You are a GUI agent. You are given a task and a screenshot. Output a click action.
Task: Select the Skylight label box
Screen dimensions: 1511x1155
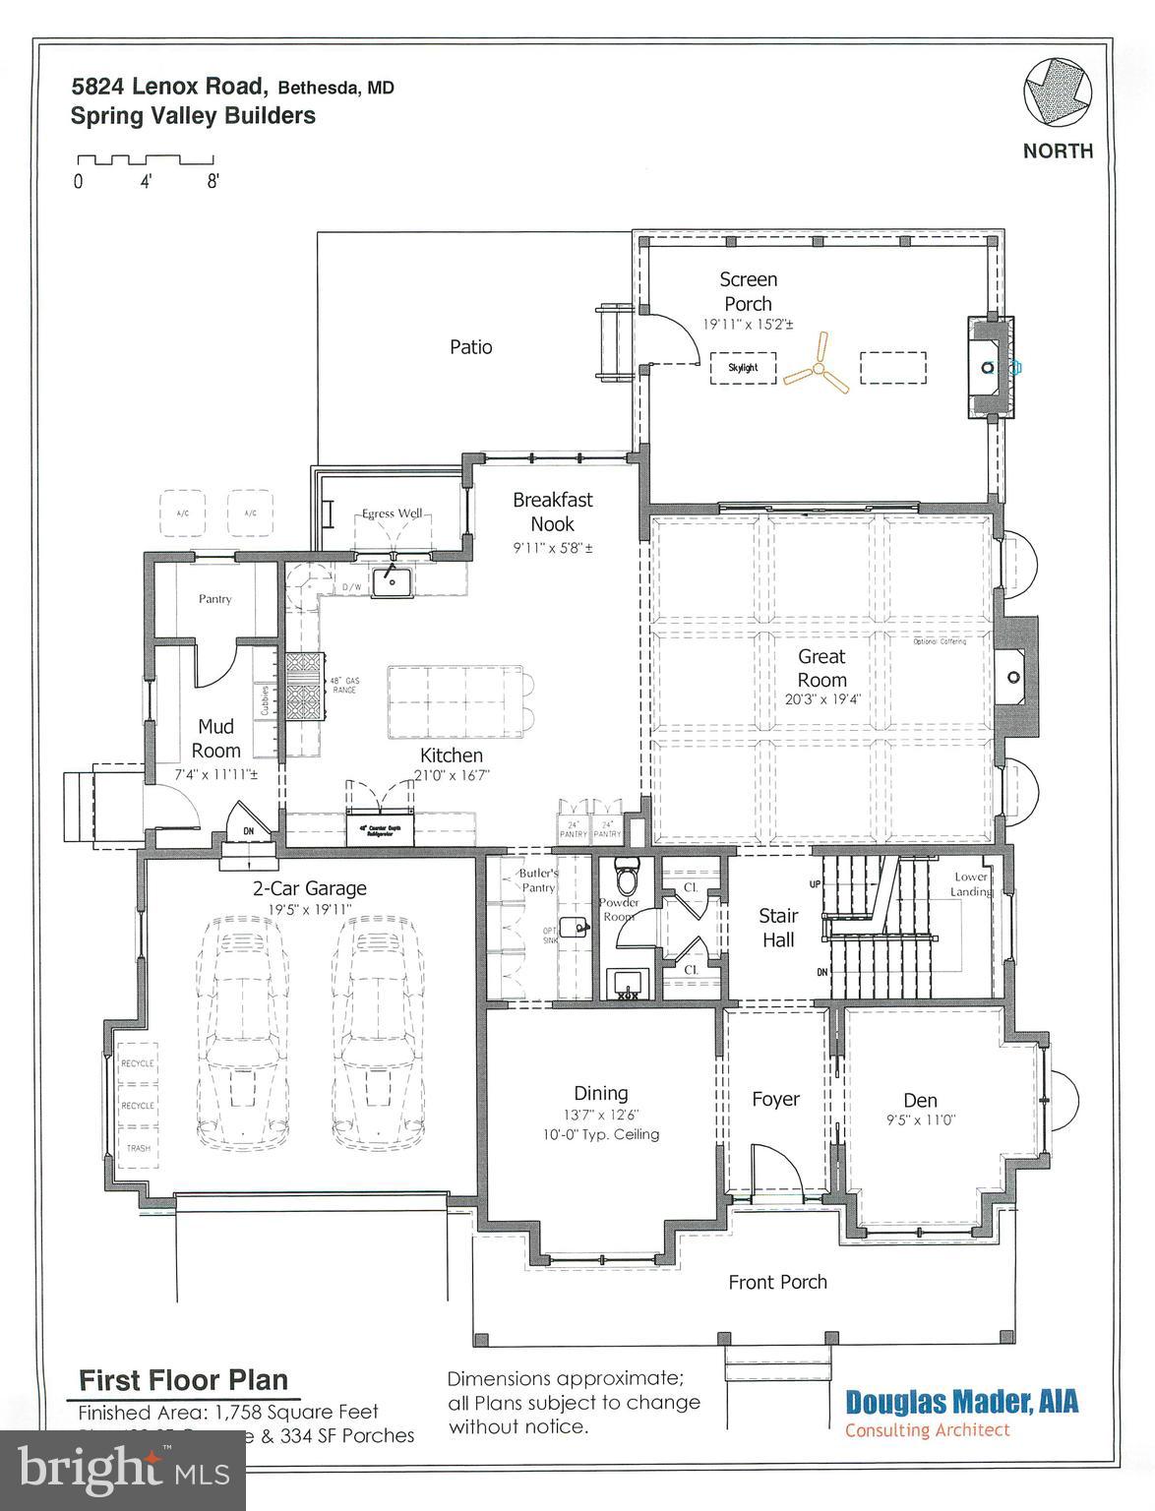point(743,368)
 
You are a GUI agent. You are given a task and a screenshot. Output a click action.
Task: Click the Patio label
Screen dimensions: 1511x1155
point(470,347)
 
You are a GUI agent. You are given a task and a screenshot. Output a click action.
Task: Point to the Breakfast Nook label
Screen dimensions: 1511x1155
point(552,512)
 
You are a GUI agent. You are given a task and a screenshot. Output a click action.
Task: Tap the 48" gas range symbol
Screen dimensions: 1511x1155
point(304,688)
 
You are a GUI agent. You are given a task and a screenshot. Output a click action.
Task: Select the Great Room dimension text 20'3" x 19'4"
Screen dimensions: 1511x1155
point(821,699)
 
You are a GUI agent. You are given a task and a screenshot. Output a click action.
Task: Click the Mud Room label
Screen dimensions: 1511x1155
point(215,738)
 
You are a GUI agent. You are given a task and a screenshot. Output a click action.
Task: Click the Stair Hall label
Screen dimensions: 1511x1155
point(777,928)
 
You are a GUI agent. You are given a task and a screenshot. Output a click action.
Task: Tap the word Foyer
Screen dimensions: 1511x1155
point(775,1099)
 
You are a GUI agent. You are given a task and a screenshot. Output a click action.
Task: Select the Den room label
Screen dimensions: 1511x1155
point(920,1100)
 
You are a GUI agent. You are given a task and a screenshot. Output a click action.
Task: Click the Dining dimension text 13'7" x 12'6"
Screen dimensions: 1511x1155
point(600,1116)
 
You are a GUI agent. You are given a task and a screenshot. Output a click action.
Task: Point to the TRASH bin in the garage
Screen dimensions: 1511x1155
point(138,1148)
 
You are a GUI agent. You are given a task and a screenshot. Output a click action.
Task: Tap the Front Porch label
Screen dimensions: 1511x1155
point(777,1282)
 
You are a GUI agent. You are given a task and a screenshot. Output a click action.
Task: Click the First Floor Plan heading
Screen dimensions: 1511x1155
point(183,1379)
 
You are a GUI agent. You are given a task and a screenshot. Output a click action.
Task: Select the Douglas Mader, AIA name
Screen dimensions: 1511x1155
point(961,1401)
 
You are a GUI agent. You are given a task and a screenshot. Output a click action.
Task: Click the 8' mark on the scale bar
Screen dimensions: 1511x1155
point(213,182)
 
